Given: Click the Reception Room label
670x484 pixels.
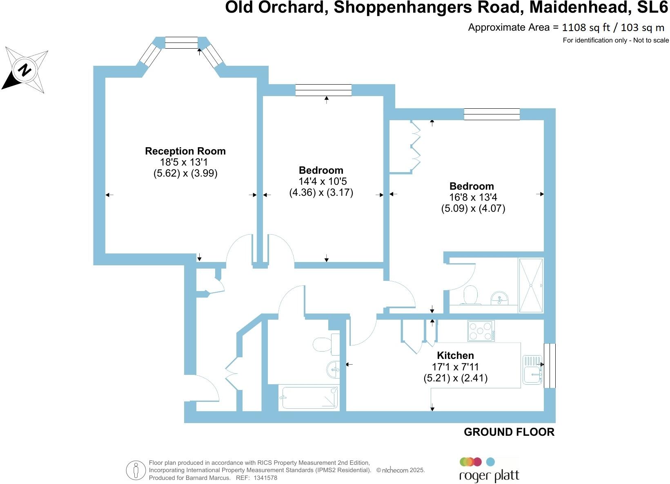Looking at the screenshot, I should point(185,151).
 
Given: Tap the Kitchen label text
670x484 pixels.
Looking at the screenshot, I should point(455,355).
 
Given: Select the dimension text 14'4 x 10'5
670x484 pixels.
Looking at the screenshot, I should point(321,181).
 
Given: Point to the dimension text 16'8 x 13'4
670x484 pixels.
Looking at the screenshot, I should point(473,197).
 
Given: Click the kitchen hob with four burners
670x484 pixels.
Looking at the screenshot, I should point(481,331).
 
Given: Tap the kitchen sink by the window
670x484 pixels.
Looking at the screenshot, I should point(532,370).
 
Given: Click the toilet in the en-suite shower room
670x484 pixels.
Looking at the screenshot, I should point(470,295).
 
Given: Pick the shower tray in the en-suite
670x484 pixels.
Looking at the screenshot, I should point(531,285).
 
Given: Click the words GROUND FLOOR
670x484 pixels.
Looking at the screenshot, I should point(509,432).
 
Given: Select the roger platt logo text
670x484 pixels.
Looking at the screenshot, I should point(489,476).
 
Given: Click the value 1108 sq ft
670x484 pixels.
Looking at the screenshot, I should point(586,27).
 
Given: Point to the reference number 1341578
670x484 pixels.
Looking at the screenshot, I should point(265,477).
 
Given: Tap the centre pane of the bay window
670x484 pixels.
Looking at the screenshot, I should point(182,43).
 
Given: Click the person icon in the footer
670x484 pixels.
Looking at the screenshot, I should point(136,470).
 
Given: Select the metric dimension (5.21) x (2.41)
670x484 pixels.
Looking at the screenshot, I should point(455,378).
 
